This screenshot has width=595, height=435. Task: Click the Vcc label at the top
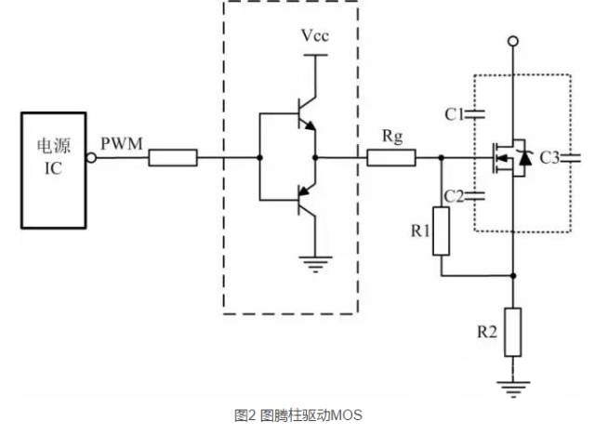pyautogui.click(x=315, y=35)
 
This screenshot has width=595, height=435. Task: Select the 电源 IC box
pyautogui.click(x=56, y=170)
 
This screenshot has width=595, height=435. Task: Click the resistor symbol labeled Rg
pyautogui.click(x=390, y=158)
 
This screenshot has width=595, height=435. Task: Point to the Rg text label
pyautogui.click(x=390, y=136)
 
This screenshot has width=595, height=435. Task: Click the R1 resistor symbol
pyautogui.click(x=441, y=231)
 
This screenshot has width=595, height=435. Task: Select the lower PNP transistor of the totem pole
pyautogui.click(x=302, y=198)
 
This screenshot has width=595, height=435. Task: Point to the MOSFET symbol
pyautogui.click(x=509, y=158)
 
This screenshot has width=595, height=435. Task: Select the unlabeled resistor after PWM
pyautogui.click(x=173, y=158)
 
